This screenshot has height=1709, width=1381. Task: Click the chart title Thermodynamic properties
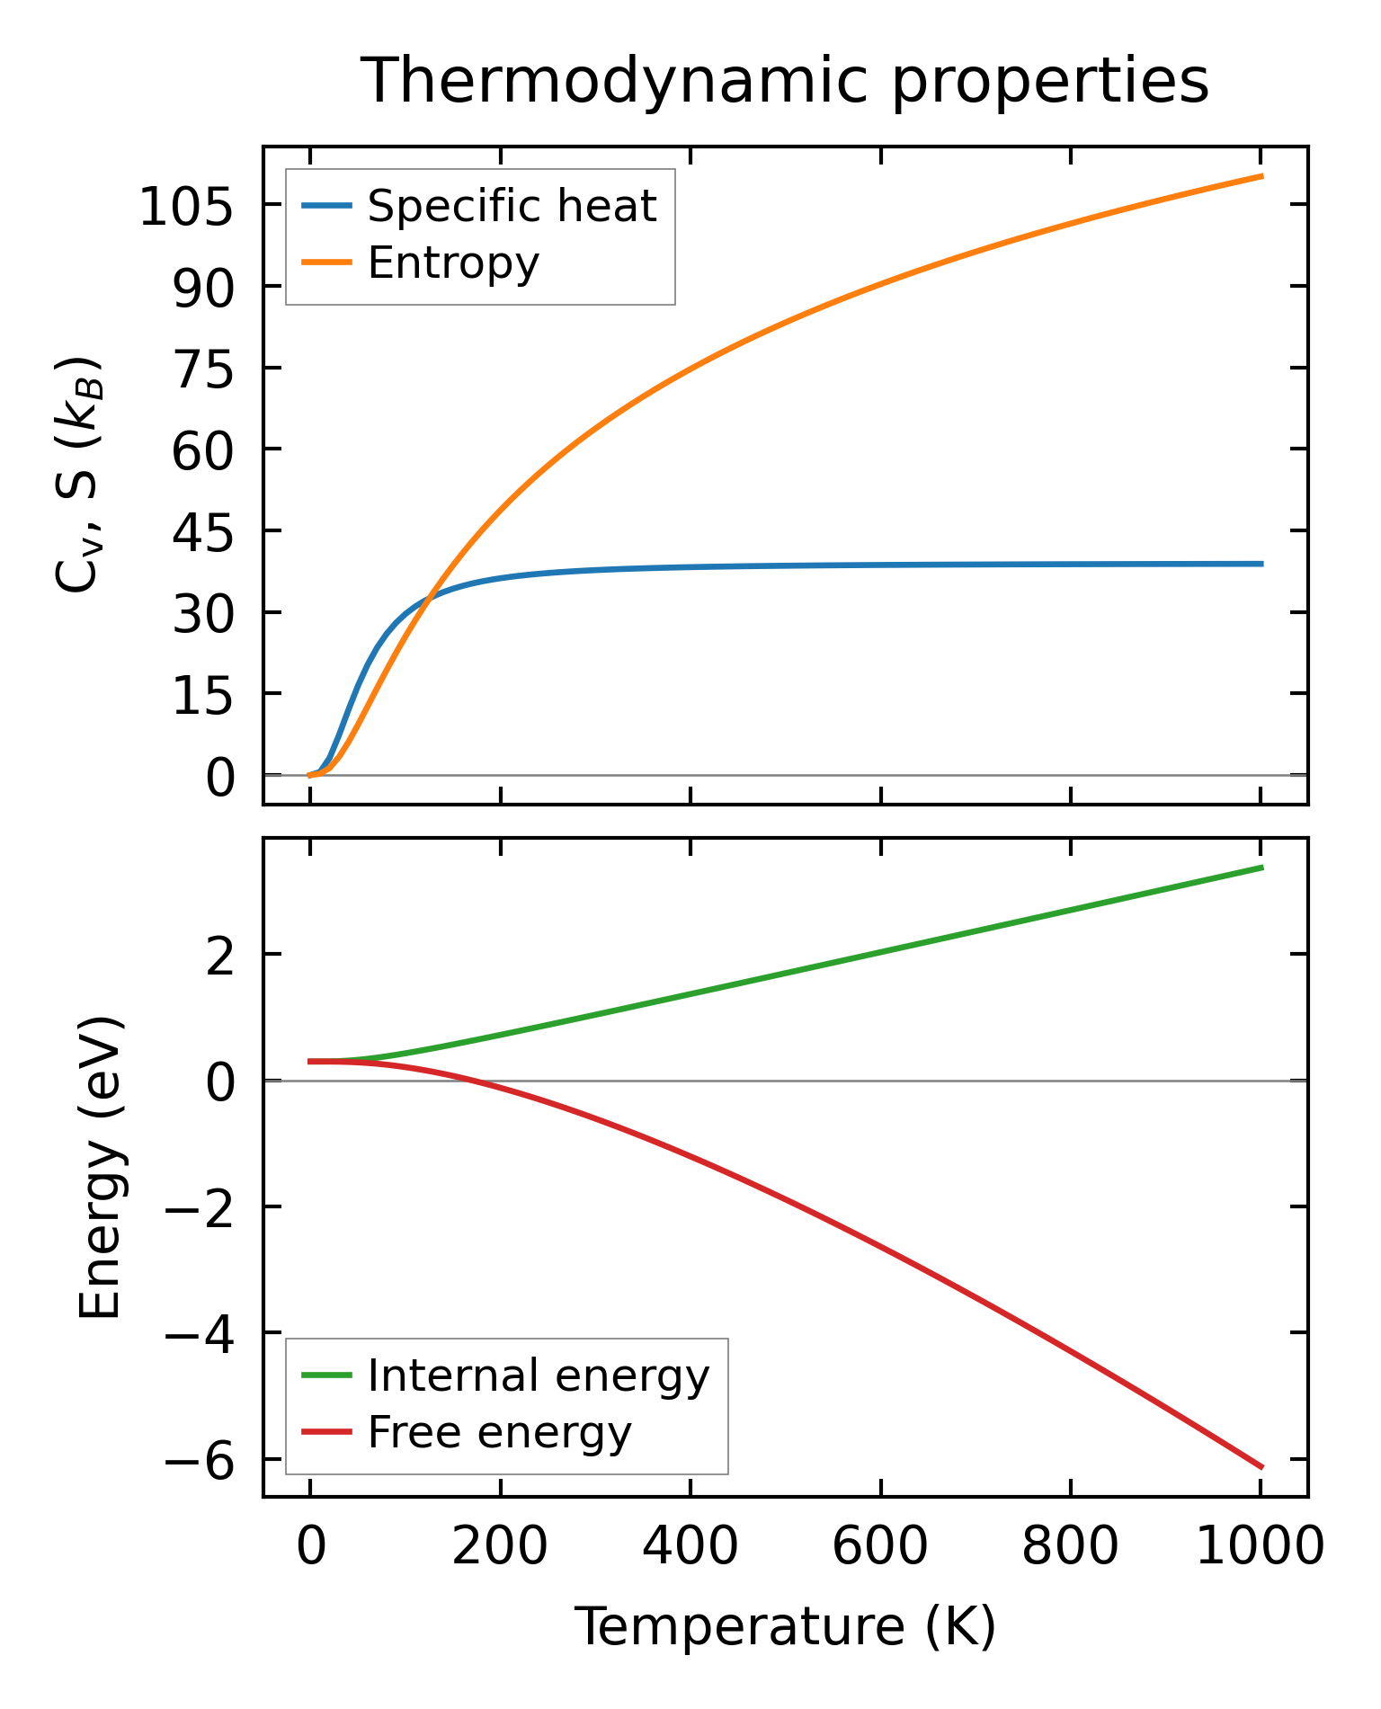pos(784,81)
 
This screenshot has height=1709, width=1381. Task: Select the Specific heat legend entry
pos(512,206)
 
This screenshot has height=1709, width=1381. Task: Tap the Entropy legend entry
pos(453,263)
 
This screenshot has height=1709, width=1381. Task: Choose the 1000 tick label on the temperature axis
pos(1261,1547)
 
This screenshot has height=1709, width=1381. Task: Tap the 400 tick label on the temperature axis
pos(690,1547)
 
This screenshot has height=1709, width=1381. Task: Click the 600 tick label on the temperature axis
pos(880,1547)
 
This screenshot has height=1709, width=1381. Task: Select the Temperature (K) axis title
pos(784,1626)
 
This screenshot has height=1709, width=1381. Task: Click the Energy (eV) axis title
pos(99,1169)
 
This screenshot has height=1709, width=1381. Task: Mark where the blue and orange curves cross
pos(430,595)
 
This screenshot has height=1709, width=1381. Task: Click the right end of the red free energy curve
pos(1261,1467)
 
